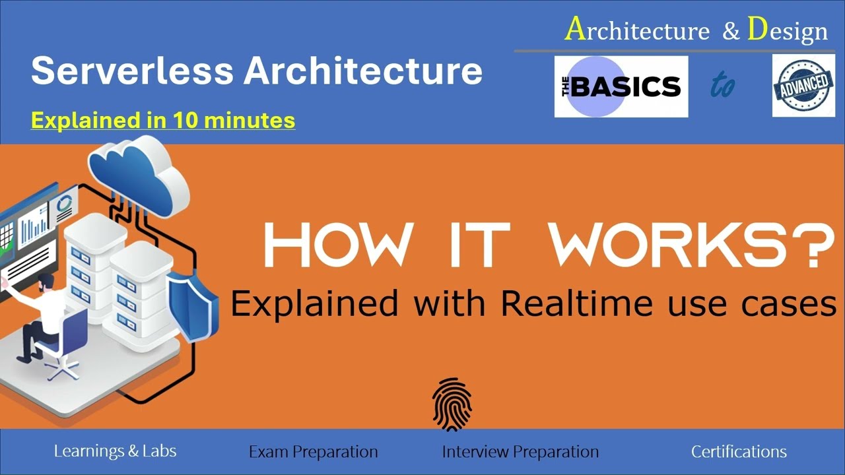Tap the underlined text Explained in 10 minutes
(163, 120)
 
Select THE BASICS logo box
(621, 86)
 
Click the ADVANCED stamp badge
(803, 86)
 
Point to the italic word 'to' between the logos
(723, 86)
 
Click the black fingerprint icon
(452, 404)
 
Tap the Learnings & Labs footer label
(115, 451)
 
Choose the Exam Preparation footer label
(313, 452)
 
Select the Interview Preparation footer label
(520, 452)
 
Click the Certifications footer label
(739, 452)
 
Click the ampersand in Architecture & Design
(731, 32)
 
